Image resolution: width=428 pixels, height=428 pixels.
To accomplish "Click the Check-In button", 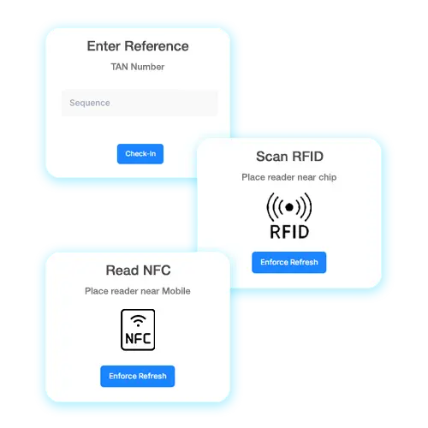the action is point(140,154).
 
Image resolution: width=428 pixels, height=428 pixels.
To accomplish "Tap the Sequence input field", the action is point(140,103).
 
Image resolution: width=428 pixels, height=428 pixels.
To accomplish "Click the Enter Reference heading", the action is point(138,46).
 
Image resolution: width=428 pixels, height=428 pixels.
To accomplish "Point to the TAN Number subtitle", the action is point(138,67).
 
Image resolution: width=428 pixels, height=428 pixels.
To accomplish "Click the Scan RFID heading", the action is point(289,157).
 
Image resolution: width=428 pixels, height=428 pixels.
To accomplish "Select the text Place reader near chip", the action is point(289,177).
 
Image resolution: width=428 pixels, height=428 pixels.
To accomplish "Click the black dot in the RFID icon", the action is point(289,207).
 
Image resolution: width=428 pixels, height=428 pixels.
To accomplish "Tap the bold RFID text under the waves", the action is point(289,232).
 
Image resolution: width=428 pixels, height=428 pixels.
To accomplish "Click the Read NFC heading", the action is point(138,270).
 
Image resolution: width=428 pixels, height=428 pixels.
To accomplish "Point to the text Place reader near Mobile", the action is point(138,291).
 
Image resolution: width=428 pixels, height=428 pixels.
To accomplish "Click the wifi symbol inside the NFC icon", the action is point(138,321).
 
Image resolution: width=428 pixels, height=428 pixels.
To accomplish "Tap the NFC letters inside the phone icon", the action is point(138,339).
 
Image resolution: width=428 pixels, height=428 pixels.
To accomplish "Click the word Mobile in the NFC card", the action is point(176,291).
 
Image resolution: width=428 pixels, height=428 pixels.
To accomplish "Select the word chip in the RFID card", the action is point(328,177).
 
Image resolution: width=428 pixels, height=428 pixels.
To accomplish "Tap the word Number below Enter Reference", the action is point(147,67).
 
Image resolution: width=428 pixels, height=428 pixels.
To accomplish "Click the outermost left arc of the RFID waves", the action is point(268,207).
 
